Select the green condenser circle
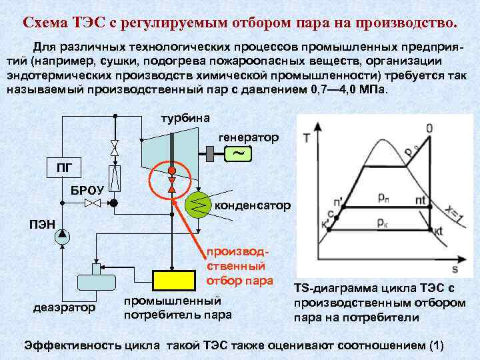tap(197, 206)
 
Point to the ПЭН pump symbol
tap(61, 234)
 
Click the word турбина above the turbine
tap(187, 118)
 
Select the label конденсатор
tap(253, 206)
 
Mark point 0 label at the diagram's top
tap(429, 128)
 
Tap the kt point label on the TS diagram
tap(437, 231)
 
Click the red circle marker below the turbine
tap(171, 170)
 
